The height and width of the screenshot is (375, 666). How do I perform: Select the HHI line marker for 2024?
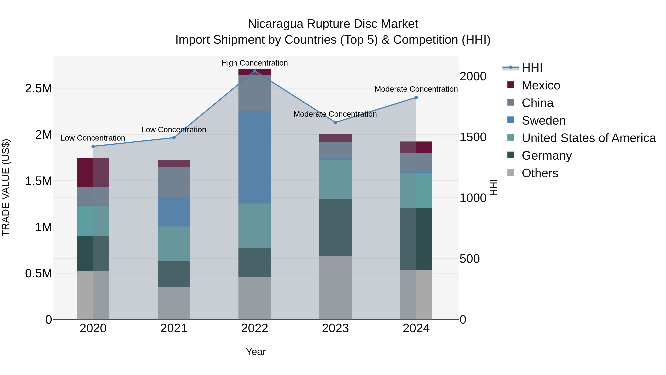[x=416, y=98]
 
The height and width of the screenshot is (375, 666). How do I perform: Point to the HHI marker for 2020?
[x=93, y=146]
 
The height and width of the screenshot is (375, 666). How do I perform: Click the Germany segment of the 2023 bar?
[x=335, y=227]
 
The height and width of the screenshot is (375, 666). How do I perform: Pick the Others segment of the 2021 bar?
[x=174, y=303]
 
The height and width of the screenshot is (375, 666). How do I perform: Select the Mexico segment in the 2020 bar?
[x=93, y=173]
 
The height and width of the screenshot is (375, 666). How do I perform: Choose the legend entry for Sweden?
[x=544, y=121]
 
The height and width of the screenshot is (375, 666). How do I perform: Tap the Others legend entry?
[x=540, y=173]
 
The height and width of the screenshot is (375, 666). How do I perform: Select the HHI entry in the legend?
[x=532, y=68]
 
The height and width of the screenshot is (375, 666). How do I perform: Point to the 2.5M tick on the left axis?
[x=38, y=89]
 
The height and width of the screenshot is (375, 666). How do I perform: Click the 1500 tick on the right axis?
[x=473, y=137]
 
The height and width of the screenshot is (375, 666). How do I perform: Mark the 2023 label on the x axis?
[x=335, y=328]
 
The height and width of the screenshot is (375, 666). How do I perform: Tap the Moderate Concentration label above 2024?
[x=416, y=89]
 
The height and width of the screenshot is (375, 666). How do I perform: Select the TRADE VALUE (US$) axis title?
[x=6, y=187]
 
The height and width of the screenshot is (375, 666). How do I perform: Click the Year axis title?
[x=256, y=352]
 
